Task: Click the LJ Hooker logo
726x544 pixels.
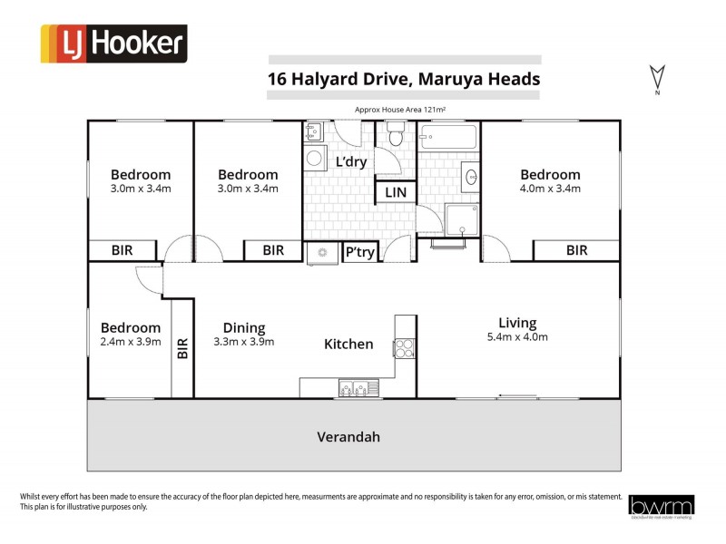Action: (113, 44)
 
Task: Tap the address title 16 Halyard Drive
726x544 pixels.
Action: (403, 78)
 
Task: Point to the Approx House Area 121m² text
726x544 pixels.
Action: (404, 109)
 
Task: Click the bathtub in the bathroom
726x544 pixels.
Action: (448, 139)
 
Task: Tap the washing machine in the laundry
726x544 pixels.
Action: (315, 159)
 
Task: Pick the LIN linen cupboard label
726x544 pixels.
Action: (396, 192)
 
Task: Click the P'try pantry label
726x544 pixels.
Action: (359, 252)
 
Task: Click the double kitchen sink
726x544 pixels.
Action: (352, 388)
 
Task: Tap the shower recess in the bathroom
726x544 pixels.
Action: (462, 219)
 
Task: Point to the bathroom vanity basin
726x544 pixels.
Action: (470, 176)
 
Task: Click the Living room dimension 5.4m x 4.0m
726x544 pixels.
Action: (517, 337)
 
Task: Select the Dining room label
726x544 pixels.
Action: (244, 327)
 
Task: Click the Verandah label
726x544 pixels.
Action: (348, 437)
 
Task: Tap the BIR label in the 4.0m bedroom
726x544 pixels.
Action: (576, 251)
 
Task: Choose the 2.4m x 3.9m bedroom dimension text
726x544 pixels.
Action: (131, 342)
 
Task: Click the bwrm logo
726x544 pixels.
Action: (661, 506)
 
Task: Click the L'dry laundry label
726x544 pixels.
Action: (350, 162)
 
